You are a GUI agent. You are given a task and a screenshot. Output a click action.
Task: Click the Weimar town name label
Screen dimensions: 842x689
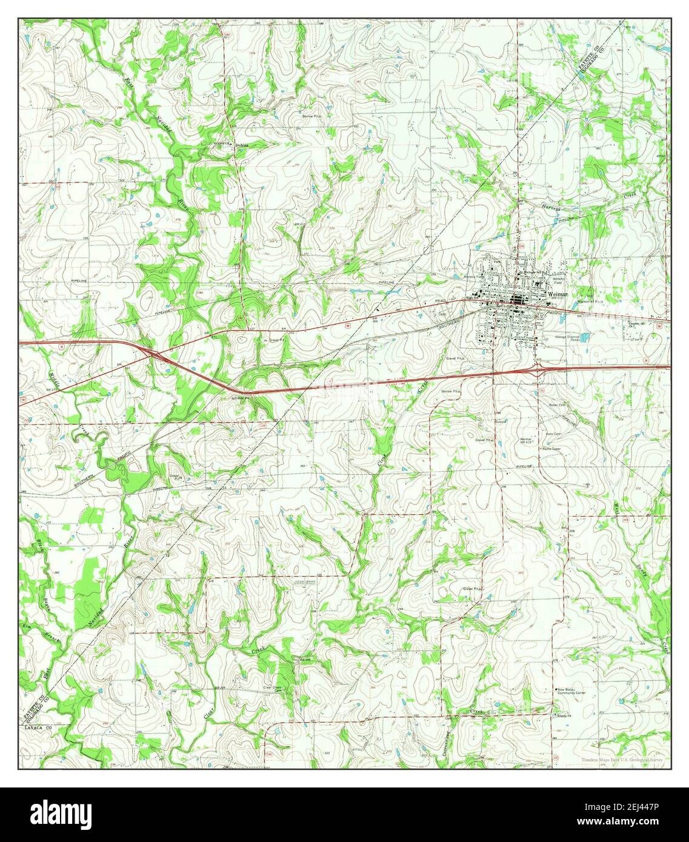pyautogui.click(x=557, y=293)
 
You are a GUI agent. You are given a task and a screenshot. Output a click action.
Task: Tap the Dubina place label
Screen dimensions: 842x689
pyautogui.click(x=242, y=145)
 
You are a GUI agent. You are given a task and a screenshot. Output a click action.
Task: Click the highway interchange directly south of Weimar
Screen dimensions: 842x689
pyautogui.click(x=537, y=366)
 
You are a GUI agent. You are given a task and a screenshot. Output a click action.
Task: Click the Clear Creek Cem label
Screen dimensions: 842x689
pyautogui.click(x=273, y=688)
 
